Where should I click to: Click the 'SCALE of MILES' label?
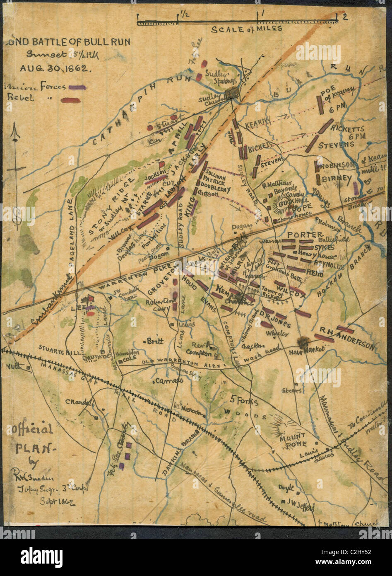[247, 29]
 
